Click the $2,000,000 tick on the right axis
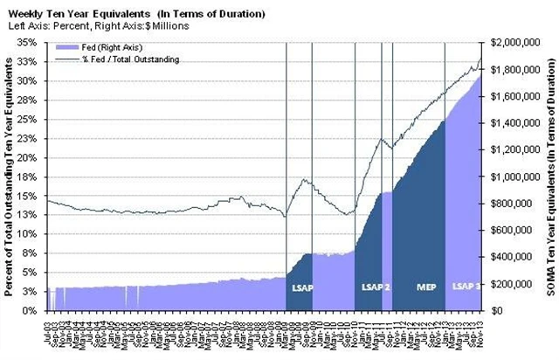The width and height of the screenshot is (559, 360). pos(517,42)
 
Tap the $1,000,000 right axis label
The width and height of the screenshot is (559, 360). pos(517,177)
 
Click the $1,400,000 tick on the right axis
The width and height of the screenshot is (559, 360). pos(517,122)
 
